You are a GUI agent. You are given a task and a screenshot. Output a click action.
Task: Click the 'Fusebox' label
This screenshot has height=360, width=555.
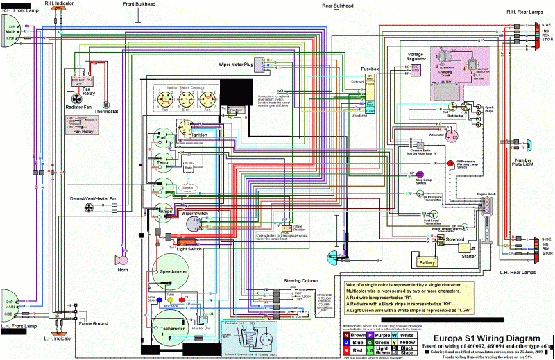pos(370,69)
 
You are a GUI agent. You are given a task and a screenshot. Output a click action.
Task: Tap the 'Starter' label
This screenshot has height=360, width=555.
pos(469,255)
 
